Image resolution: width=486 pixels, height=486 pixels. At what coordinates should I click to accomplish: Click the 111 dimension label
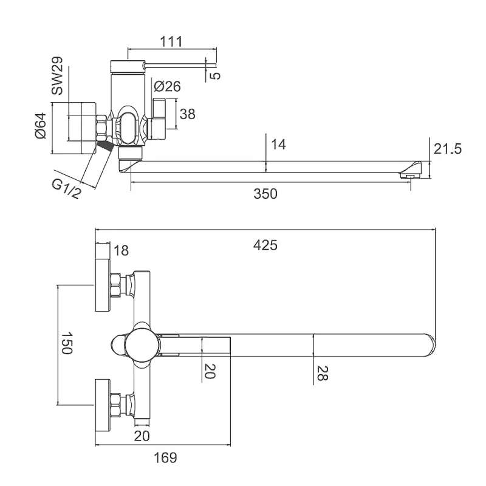[172, 41]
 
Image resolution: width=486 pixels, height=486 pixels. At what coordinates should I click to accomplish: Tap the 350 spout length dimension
[265, 194]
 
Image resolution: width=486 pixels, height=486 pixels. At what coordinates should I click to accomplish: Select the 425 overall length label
[265, 245]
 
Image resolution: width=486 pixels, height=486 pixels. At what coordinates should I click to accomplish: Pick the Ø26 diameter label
[166, 87]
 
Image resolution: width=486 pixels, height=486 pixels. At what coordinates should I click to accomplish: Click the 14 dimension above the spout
[279, 145]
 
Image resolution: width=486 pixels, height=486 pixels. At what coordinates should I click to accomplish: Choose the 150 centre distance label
[67, 343]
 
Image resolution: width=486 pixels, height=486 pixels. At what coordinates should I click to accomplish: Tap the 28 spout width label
[322, 373]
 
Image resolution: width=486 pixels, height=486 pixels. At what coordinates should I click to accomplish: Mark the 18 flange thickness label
[121, 250]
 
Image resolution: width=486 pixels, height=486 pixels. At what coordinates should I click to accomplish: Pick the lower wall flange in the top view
[102, 404]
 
